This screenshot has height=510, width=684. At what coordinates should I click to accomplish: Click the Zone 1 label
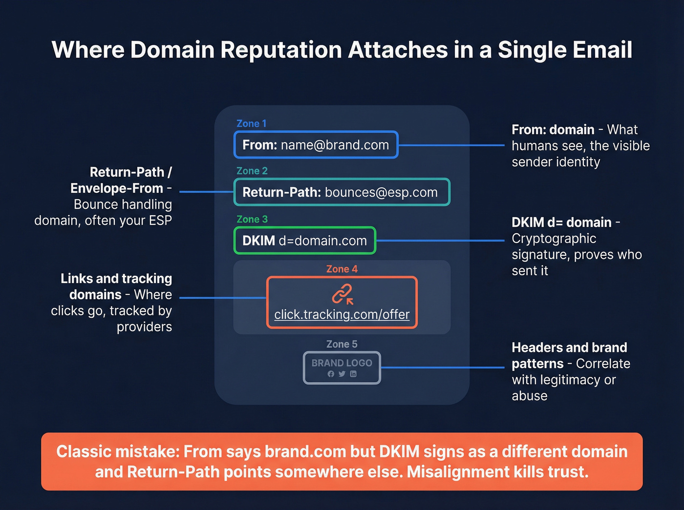tap(251, 123)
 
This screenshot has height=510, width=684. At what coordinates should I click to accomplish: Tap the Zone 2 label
tap(252, 171)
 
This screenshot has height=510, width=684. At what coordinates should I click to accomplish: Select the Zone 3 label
tap(252, 219)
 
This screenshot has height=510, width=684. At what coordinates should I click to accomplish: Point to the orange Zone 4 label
tap(342, 269)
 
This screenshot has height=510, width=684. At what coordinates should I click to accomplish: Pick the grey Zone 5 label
tap(342, 344)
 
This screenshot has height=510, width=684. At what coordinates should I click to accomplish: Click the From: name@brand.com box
tap(316, 145)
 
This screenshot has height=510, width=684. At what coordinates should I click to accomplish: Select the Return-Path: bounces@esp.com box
tap(341, 192)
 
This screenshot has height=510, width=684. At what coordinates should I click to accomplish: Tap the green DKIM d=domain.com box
tap(304, 241)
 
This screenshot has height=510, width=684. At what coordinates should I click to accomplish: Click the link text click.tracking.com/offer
tap(342, 315)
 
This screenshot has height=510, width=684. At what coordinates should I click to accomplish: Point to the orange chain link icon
tap(342, 295)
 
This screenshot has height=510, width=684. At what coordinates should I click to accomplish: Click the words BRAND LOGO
tap(342, 363)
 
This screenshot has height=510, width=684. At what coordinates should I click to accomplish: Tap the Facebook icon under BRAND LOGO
tap(331, 374)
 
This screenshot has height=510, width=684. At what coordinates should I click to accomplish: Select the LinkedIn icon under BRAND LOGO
tap(353, 374)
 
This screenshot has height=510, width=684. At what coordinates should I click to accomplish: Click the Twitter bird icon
tap(342, 374)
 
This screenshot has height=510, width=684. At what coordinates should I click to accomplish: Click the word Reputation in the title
tap(282, 50)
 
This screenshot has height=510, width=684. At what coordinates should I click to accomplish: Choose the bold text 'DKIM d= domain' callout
tap(561, 223)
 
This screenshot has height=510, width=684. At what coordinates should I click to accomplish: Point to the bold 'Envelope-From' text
tap(116, 188)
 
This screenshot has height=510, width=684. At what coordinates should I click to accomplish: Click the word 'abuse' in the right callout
tap(529, 396)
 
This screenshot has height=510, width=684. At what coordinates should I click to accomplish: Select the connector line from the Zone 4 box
tap(222, 298)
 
